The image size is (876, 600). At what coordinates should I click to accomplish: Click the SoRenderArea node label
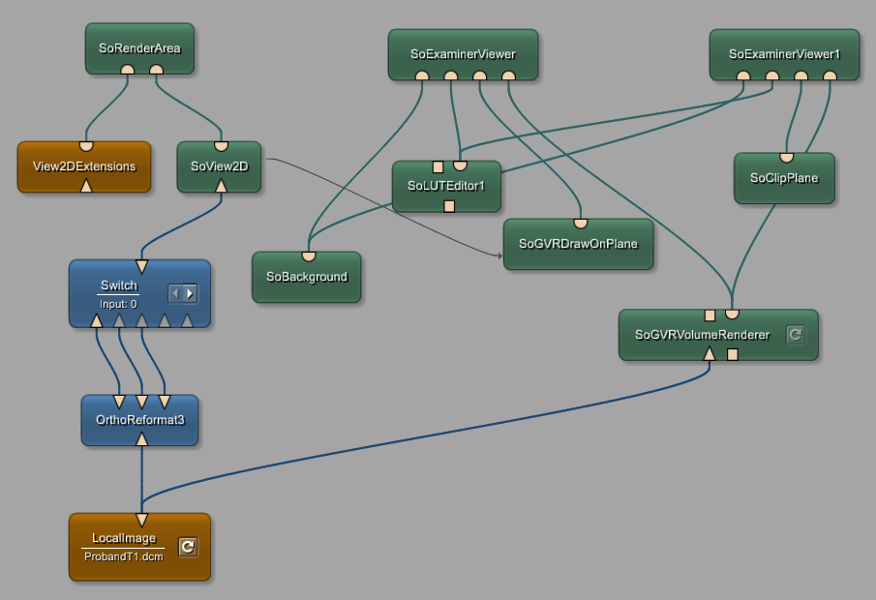point(139,48)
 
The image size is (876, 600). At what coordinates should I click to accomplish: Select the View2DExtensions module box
point(84,166)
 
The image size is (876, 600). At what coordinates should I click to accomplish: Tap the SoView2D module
point(219,166)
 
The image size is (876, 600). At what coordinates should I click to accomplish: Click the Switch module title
point(119,285)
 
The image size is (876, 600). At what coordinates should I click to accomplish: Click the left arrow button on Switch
point(175,292)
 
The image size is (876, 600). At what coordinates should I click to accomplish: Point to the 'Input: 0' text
point(119,304)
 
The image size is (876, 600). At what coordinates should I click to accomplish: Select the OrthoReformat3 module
point(139,421)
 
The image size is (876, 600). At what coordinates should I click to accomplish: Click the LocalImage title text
point(124,538)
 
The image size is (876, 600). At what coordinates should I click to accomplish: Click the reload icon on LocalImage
point(189,548)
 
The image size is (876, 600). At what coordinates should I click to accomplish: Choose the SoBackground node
point(306,277)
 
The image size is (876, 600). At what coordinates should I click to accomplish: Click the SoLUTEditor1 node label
point(445,186)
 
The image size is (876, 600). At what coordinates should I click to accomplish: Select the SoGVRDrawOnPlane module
point(578,244)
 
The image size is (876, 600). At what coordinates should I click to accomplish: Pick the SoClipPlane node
point(784,178)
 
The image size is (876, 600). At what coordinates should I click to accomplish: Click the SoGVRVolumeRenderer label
point(702,336)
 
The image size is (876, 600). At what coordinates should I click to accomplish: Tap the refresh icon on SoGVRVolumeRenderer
point(795,335)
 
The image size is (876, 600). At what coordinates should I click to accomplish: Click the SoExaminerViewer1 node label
point(784,54)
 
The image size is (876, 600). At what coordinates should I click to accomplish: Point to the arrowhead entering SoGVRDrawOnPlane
point(499,255)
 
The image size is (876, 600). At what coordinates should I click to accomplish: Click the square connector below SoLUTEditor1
point(449,206)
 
